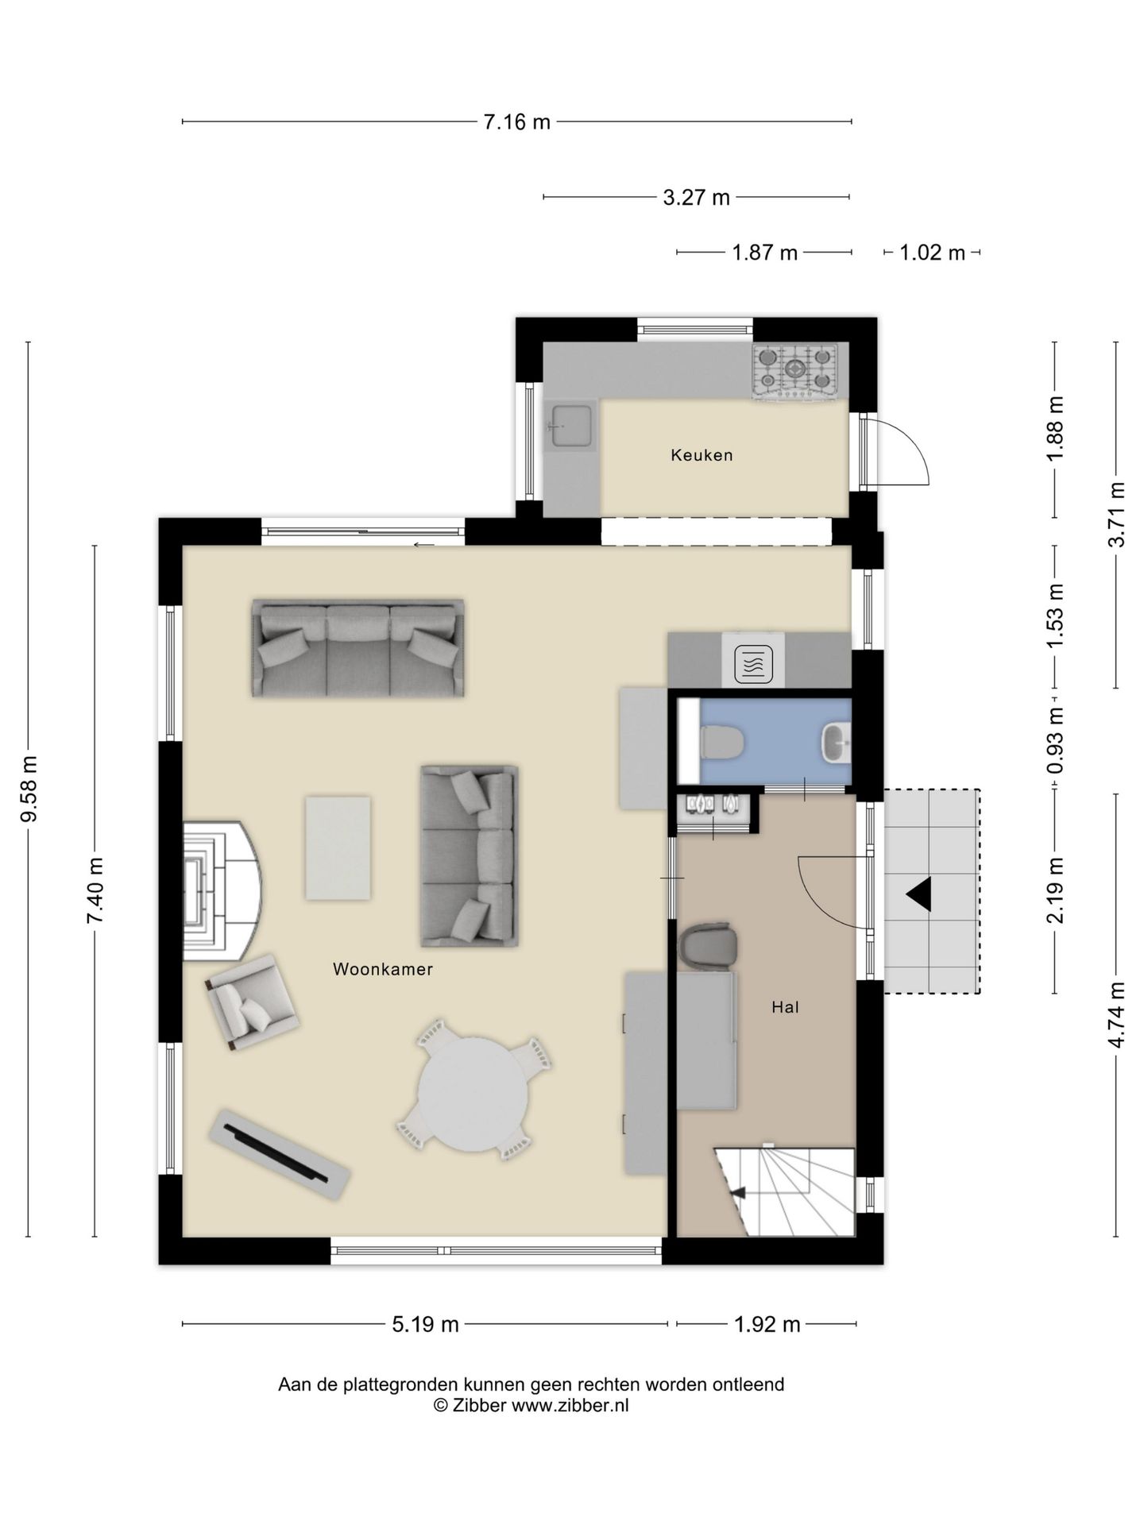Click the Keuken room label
(x=701, y=455)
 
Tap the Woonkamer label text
(x=382, y=969)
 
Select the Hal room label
(x=785, y=1007)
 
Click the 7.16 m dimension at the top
(x=516, y=122)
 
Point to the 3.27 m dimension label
(x=696, y=198)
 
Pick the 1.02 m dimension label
(x=932, y=253)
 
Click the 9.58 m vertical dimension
(x=29, y=790)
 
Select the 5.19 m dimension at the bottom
(x=425, y=1324)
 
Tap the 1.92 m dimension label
(x=767, y=1324)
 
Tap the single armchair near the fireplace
(x=251, y=1002)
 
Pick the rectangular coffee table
(x=338, y=848)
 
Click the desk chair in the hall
(x=707, y=945)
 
